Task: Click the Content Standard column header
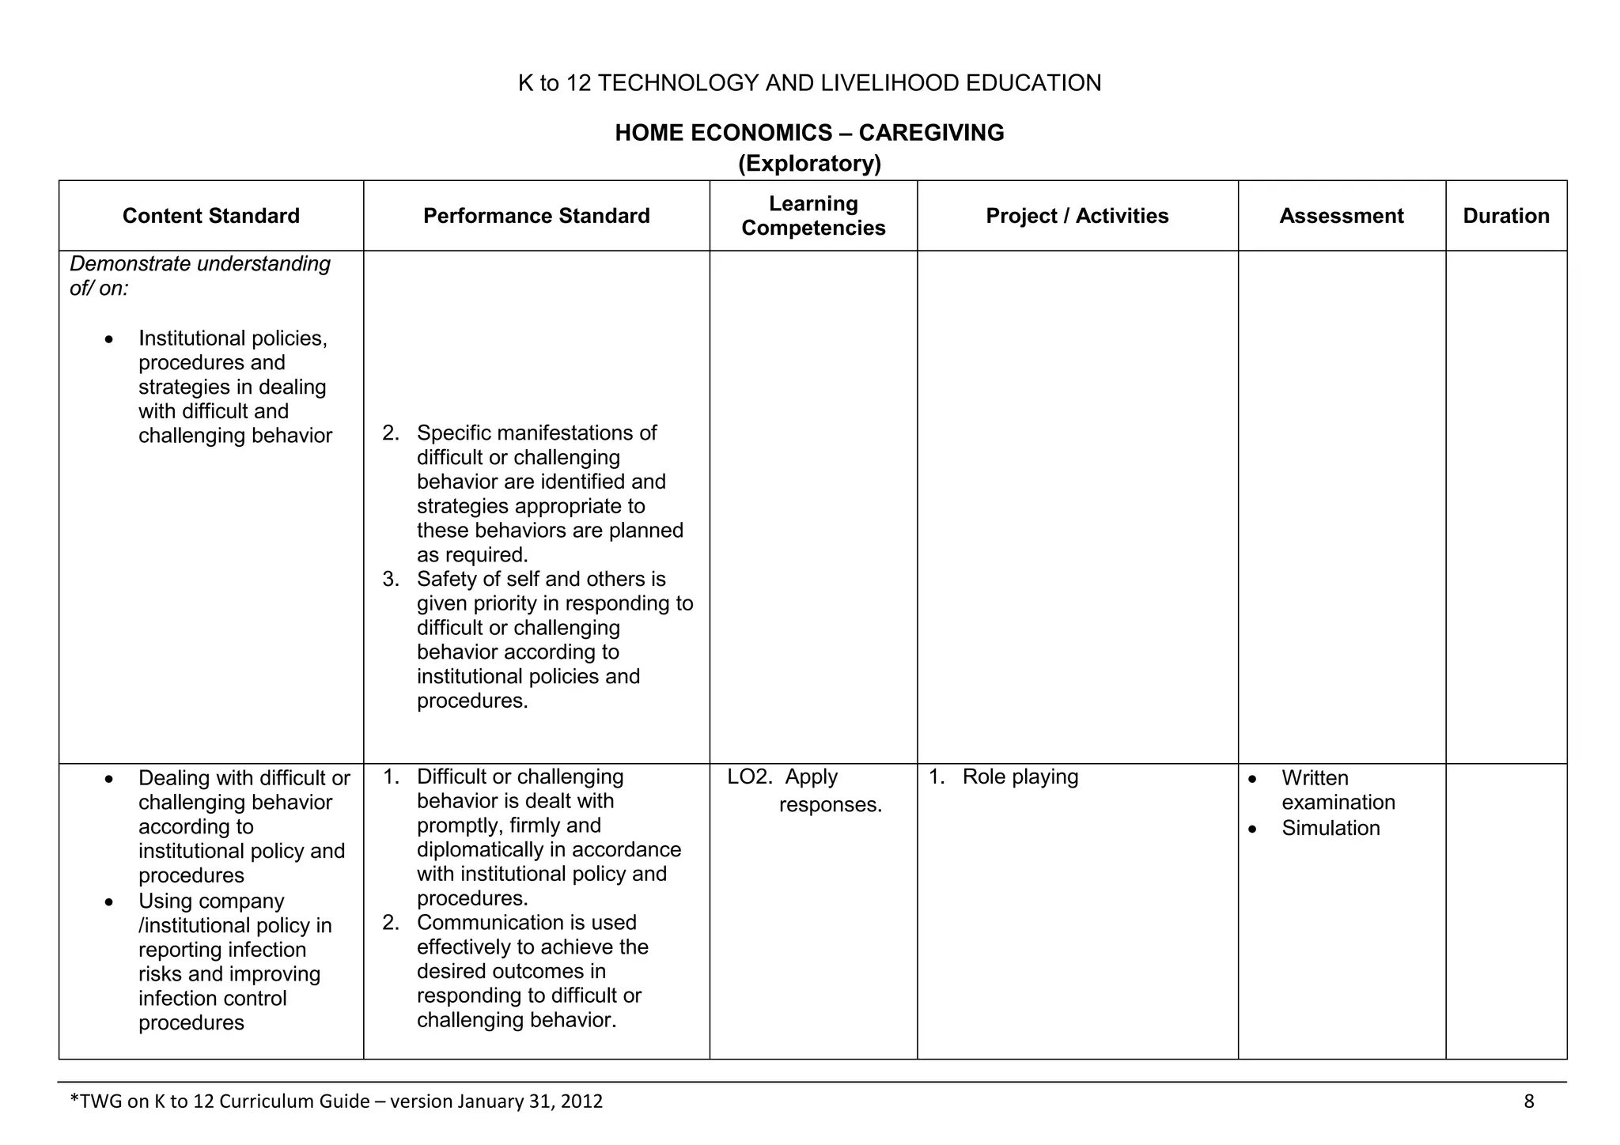coord(210,216)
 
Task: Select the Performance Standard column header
coord(536,216)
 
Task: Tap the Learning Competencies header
coord(813,216)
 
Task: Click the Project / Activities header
coord(1077,216)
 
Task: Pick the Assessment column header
coord(1341,216)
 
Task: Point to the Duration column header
coord(1505,216)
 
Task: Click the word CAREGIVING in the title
coord(931,132)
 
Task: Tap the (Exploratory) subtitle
coord(809,164)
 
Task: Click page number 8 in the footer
coord(1528,1101)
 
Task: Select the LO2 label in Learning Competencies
coord(748,777)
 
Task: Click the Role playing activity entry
coord(1020,777)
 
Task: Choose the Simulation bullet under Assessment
coord(1330,828)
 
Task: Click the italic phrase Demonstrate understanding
coord(200,263)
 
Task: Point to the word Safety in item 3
coord(446,579)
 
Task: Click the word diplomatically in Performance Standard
coord(482,849)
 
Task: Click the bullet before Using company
coord(109,902)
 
